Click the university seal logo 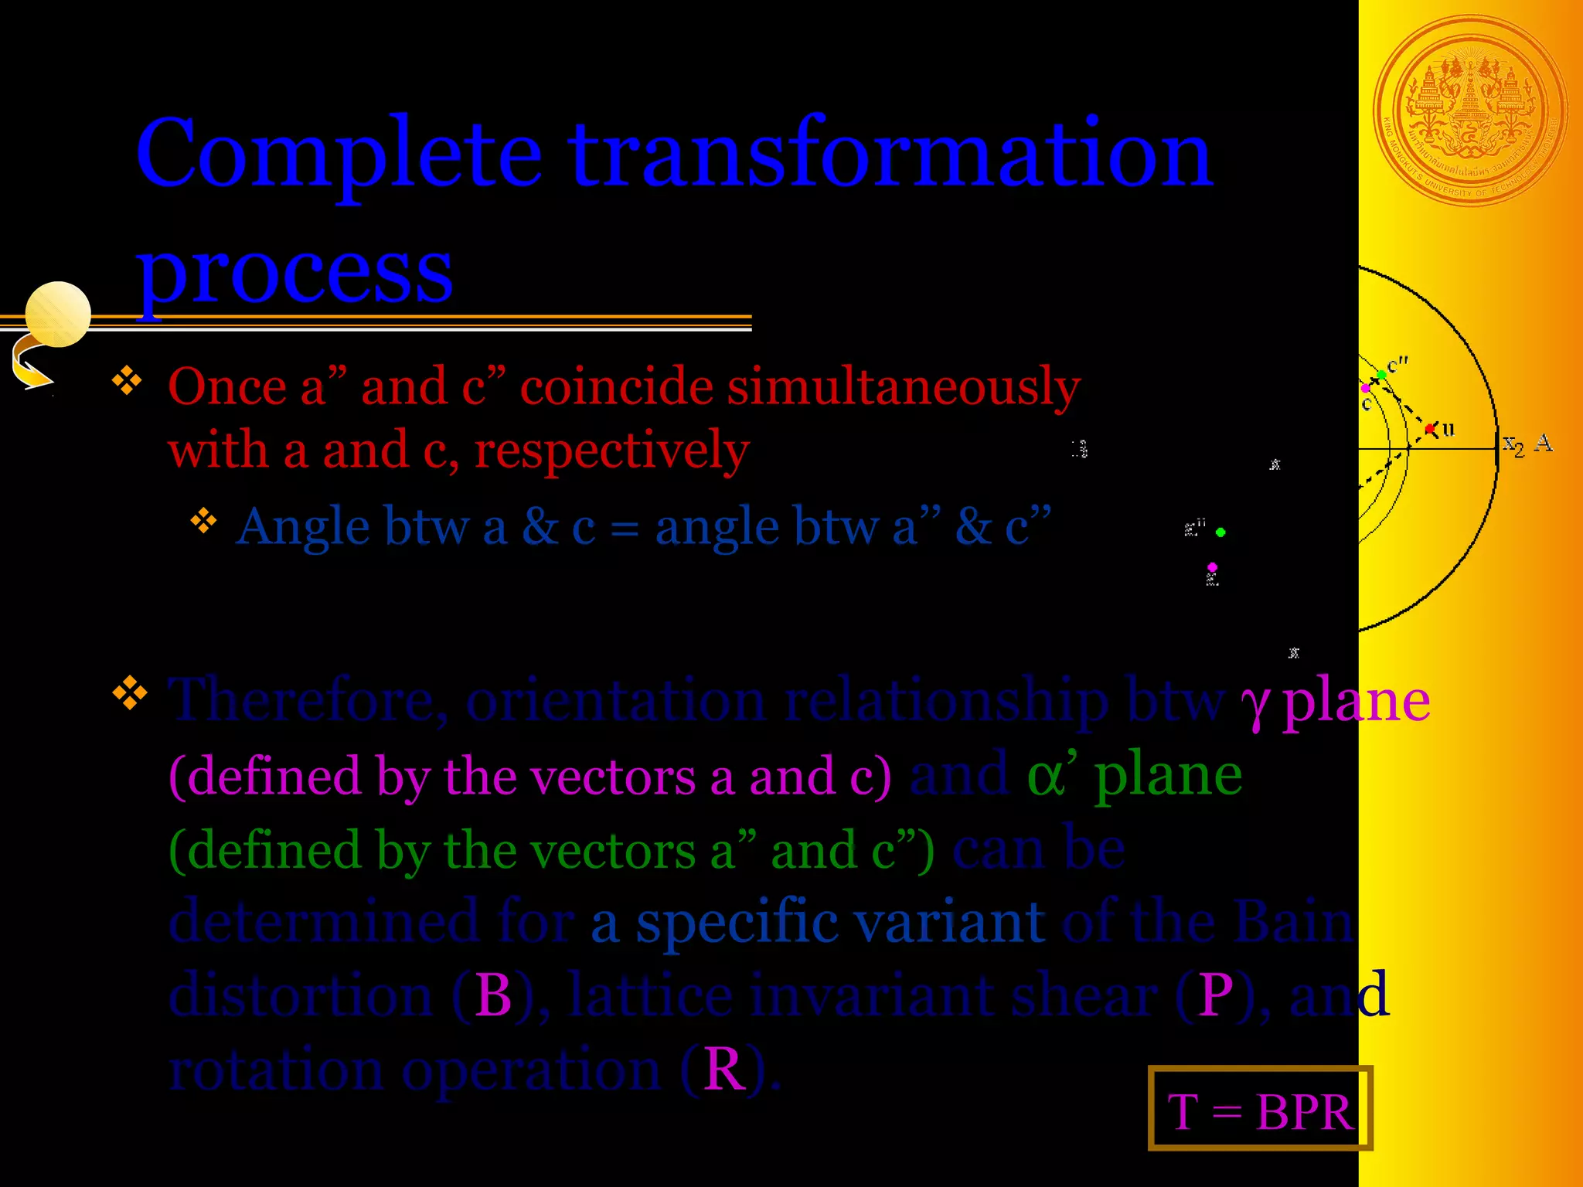click(1470, 111)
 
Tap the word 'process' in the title click(294, 270)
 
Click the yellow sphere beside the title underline click(58, 314)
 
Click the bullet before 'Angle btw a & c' click(203, 521)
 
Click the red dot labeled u click(1430, 428)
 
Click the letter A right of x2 click(1544, 442)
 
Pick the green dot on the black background click(1220, 532)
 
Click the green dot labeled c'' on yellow click(1382, 376)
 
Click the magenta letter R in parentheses click(724, 1070)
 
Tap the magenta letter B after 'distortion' click(493, 995)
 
